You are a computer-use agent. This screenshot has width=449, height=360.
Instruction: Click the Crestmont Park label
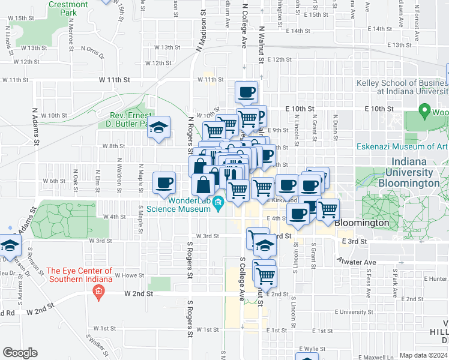pos(68,8)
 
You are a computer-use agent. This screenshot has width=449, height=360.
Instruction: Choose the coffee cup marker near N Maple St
pos(164,182)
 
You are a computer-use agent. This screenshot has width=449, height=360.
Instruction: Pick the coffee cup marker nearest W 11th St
pos(246,92)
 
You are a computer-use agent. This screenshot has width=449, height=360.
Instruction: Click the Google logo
pos(20,352)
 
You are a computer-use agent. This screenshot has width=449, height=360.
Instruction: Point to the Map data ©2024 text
pos(424,355)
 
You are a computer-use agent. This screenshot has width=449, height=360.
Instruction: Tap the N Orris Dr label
pos(92,52)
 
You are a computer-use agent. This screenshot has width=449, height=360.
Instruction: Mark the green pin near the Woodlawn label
pos(425,111)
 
